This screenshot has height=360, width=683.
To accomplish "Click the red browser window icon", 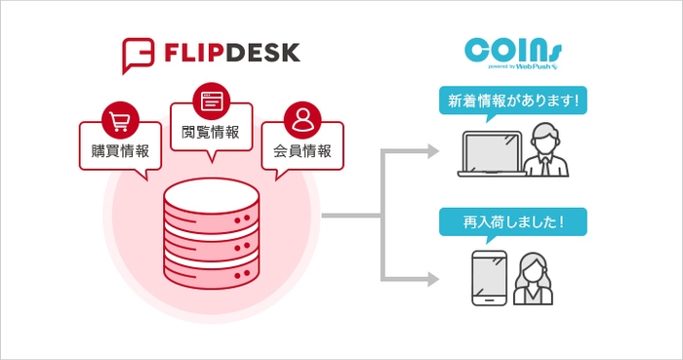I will (211, 100).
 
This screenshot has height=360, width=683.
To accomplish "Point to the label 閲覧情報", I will (211, 131).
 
